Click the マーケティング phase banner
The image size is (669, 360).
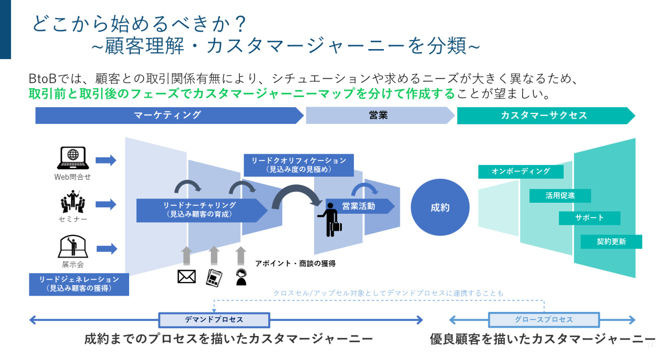click(167, 115)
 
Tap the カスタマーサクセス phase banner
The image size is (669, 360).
click(544, 115)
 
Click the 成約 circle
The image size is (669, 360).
click(440, 207)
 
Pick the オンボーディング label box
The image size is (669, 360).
click(521, 171)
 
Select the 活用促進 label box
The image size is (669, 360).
click(560, 195)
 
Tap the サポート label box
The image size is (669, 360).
click(589, 218)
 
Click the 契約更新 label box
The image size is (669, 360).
click(611, 241)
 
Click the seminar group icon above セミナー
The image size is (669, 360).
click(73, 201)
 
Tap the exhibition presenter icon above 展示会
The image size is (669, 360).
click(73, 246)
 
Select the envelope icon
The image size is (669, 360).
click(187, 276)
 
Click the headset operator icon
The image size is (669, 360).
click(241, 277)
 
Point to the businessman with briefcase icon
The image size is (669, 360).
click(330, 221)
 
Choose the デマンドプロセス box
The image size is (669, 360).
click(214, 320)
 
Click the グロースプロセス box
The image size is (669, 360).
click(544, 320)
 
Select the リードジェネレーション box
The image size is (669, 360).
click(79, 284)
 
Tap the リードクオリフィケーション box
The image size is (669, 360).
click(298, 165)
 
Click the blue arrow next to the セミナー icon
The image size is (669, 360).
click(106, 204)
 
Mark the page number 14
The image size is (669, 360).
click(651, 345)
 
